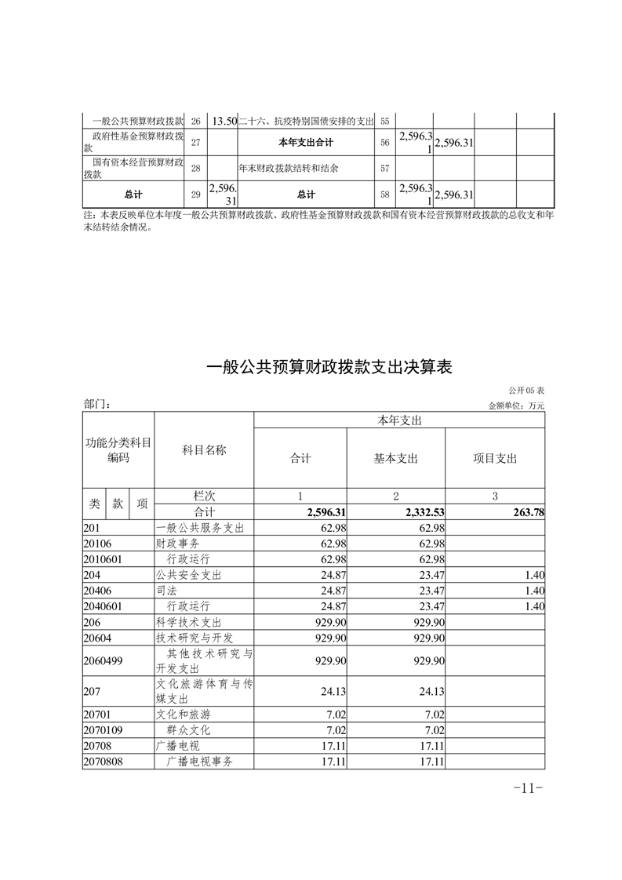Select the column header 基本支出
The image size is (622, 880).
click(395, 459)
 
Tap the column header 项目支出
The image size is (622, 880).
click(495, 459)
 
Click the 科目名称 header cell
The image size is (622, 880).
click(204, 450)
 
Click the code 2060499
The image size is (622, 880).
click(103, 661)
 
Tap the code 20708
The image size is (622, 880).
click(96, 746)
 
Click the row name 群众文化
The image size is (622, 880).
click(192, 730)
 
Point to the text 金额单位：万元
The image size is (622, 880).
click(515, 405)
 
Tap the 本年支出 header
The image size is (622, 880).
click(399, 421)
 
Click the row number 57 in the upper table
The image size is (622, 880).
click(384, 169)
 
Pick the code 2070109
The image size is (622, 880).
click(103, 730)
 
